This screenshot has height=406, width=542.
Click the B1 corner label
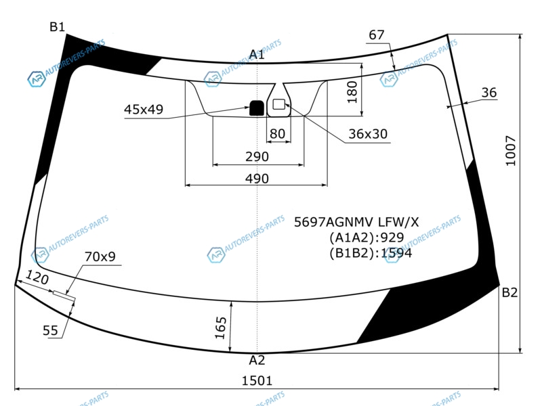[x=57, y=26]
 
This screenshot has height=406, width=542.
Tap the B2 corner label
[x=509, y=292]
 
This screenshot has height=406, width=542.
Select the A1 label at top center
[x=257, y=54]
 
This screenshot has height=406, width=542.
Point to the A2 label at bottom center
[x=257, y=360]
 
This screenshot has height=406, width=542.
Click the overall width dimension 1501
[x=257, y=380]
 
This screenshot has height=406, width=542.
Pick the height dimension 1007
[x=511, y=151]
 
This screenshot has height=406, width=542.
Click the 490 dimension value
[x=257, y=179]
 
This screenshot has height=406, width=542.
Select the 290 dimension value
[x=257, y=156]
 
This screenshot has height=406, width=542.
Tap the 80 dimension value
[x=277, y=133]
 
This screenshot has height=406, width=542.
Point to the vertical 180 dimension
[x=352, y=92]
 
